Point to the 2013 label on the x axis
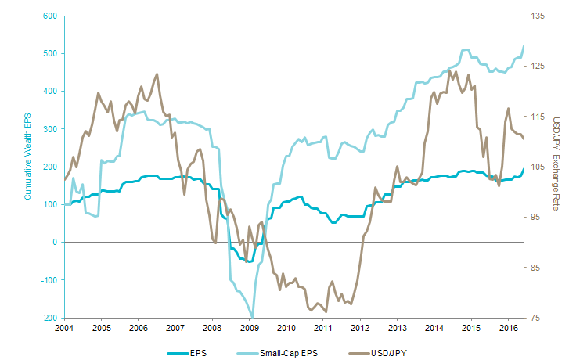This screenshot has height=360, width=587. click(x=397, y=327)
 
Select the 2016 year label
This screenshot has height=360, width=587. click(x=508, y=327)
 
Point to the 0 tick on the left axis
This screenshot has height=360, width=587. click(x=56, y=243)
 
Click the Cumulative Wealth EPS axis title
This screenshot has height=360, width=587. click(x=27, y=166)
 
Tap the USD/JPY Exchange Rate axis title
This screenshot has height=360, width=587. click(x=557, y=166)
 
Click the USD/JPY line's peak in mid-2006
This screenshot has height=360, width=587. click(x=157, y=74)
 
